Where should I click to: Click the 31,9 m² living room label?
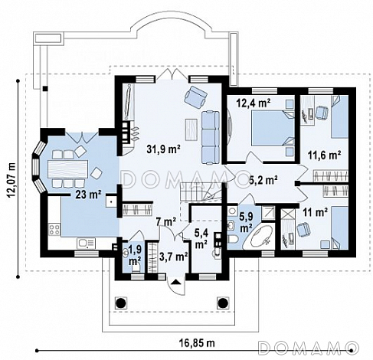[x=164, y=149]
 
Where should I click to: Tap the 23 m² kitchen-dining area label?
[x=88, y=195]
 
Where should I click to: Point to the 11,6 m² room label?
[x=324, y=155]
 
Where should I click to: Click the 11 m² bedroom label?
[x=315, y=212]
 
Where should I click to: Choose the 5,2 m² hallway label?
[x=263, y=180]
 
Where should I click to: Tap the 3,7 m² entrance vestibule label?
[x=174, y=256]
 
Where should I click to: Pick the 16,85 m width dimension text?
[x=198, y=343]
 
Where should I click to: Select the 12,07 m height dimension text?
[x=11, y=181]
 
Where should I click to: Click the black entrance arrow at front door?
[x=176, y=282]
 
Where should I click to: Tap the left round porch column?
[x=121, y=303]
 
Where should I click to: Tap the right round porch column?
[x=223, y=303]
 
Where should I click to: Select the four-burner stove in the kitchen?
[x=54, y=229]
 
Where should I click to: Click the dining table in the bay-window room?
[x=67, y=169]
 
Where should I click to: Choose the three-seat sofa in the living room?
[x=211, y=137]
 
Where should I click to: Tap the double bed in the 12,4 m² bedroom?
[x=273, y=128]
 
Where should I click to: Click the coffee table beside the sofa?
[x=191, y=129]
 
